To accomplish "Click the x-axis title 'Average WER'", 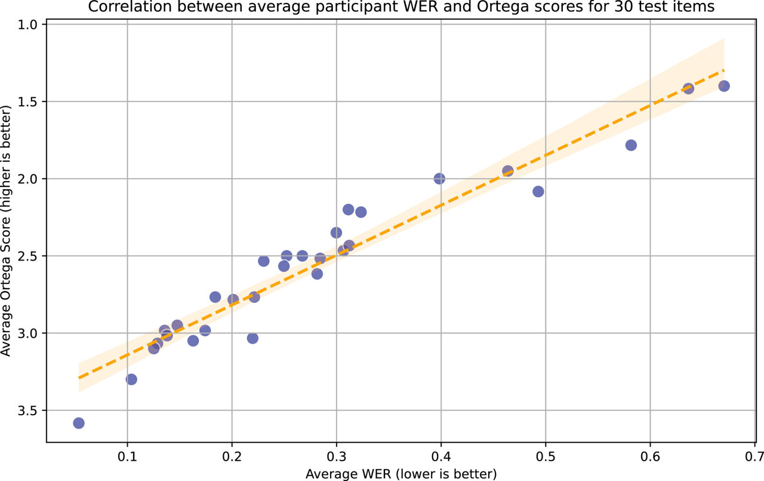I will pyautogui.click(x=401, y=474).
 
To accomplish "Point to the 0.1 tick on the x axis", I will pyautogui.click(x=127, y=455).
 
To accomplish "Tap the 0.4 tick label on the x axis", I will pyautogui.click(x=440, y=455).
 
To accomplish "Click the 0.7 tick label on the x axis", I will pyautogui.click(x=754, y=455).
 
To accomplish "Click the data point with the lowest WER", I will pyautogui.click(x=78, y=423).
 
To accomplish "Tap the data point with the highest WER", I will pyautogui.click(x=724, y=86).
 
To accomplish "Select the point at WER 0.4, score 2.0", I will pyautogui.click(x=439, y=179).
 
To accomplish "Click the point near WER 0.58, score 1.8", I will pyautogui.click(x=631, y=145).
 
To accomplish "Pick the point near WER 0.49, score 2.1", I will pyautogui.click(x=538, y=191).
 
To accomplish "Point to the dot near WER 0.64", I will pyautogui.click(x=688, y=88).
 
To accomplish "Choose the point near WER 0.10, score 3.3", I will pyautogui.click(x=131, y=379).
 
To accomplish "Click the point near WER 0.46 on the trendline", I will pyautogui.click(x=508, y=171).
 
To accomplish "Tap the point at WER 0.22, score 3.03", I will pyautogui.click(x=252, y=338).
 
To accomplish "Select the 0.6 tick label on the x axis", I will pyautogui.click(x=649, y=455).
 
